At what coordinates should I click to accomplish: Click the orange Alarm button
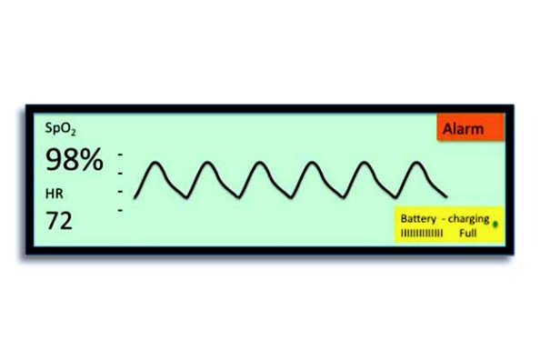468,129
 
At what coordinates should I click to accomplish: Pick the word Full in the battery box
468,234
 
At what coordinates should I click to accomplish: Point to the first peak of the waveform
155,165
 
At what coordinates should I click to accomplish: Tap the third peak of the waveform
260,165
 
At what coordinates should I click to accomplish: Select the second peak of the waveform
208,165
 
